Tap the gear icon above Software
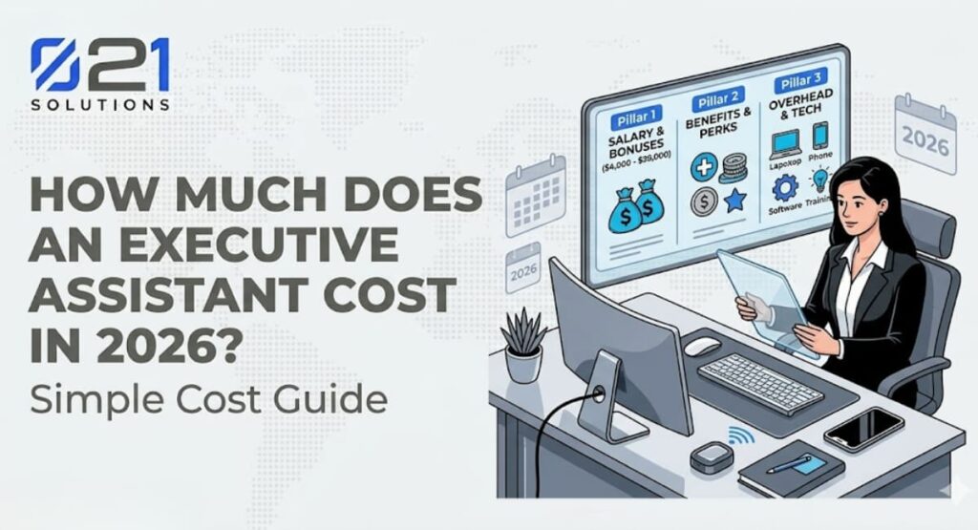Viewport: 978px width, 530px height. click(783, 187)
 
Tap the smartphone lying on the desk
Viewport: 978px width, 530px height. click(862, 429)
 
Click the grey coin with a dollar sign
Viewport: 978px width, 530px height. click(703, 201)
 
